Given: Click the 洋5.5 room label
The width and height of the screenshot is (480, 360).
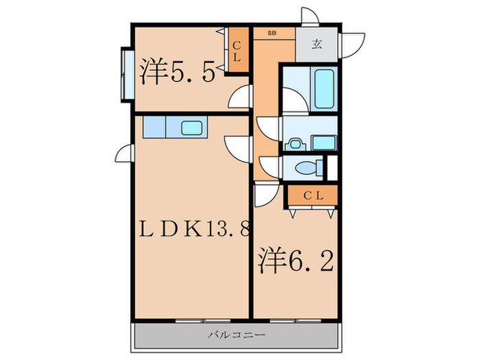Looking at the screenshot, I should pos(180,71).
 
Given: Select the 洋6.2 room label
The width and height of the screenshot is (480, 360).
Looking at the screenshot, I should pos(296,260).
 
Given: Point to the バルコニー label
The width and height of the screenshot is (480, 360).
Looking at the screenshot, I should pos(237,335).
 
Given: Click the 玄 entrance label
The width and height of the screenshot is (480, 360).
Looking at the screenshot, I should pos(317,45).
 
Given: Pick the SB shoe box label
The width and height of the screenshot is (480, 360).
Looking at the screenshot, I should pos(263,32).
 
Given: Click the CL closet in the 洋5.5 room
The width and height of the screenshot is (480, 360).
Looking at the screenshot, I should pos(237,52).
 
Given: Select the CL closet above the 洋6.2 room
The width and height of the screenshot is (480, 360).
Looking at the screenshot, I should pos(312,196).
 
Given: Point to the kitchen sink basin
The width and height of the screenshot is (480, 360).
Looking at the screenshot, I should pos(191,128).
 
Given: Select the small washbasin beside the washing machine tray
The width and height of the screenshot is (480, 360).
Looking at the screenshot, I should pos(295,143).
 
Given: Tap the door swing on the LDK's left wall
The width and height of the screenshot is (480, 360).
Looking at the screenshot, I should pos(123,154).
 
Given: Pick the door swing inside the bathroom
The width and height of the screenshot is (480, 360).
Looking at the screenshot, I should pos(291,100).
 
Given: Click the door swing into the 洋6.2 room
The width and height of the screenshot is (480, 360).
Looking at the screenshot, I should pos(263,194).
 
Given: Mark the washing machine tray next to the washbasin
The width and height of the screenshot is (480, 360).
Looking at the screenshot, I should pos(323,143).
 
